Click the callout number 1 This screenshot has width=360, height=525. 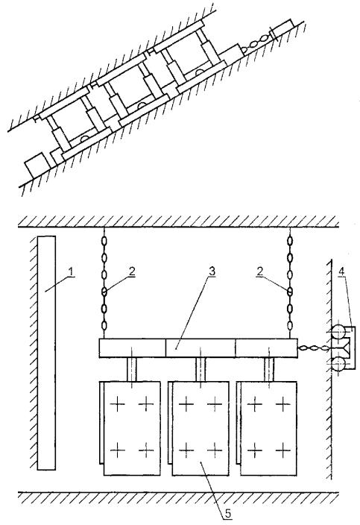pyautogui.click(x=70, y=272)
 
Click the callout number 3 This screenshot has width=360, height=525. pyautogui.click(x=212, y=271)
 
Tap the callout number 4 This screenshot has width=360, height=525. pyautogui.click(x=341, y=271)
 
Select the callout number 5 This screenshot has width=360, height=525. pyautogui.click(x=228, y=514)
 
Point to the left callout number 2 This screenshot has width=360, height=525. pyautogui.click(x=132, y=271)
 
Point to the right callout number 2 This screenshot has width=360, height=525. pyautogui.click(x=260, y=271)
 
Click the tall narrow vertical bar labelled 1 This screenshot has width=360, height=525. pyautogui.click(x=46, y=353)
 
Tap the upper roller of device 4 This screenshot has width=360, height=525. pyautogui.click(x=338, y=332)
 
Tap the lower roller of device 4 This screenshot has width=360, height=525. pyautogui.click(x=338, y=363)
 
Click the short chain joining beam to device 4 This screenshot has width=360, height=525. pyautogui.click(x=313, y=348)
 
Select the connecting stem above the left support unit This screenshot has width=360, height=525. pyautogui.click(x=132, y=369)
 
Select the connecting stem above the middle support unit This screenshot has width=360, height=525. pyautogui.click(x=200, y=369)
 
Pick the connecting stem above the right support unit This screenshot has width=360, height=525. pyautogui.click(x=269, y=369)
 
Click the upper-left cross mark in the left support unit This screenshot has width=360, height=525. pyautogui.click(x=118, y=404)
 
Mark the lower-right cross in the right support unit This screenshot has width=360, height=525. pyautogui.click(x=283, y=450)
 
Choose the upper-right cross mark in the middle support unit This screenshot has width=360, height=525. pyautogui.click(x=215, y=404)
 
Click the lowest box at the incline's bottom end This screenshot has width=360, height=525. pyautogui.click(x=36, y=164)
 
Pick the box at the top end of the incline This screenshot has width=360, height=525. pyautogui.click(x=282, y=29)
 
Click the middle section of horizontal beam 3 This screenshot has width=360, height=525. pyautogui.click(x=200, y=348)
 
